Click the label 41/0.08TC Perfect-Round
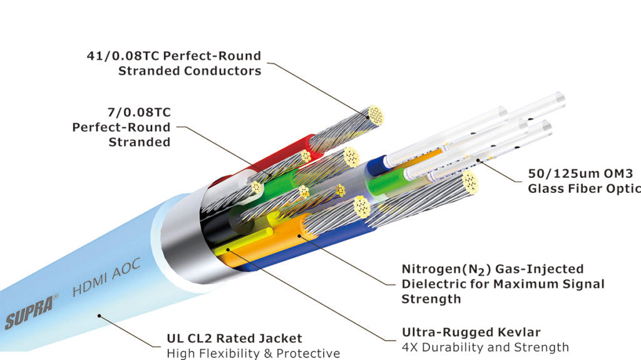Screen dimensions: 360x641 (173, 56)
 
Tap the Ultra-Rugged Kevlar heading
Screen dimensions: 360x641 (471, 332)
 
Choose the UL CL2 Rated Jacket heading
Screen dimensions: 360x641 (234, 339)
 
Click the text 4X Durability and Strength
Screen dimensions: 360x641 (485, 347)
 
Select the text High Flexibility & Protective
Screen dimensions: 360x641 (253, 354)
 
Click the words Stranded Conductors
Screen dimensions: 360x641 (190, 71)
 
